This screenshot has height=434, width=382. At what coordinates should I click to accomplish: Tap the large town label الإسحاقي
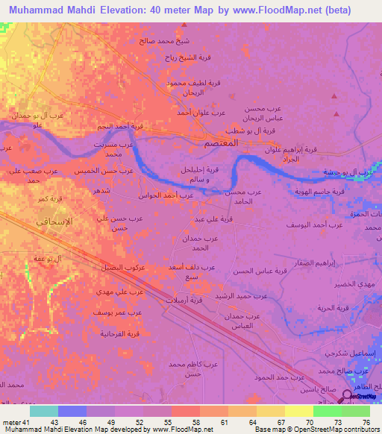(54, 221)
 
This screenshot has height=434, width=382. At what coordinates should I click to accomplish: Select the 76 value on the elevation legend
(365, 421)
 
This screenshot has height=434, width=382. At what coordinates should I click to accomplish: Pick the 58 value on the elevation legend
(195, 421)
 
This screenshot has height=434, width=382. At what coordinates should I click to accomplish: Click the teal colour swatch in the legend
(44, 410)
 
